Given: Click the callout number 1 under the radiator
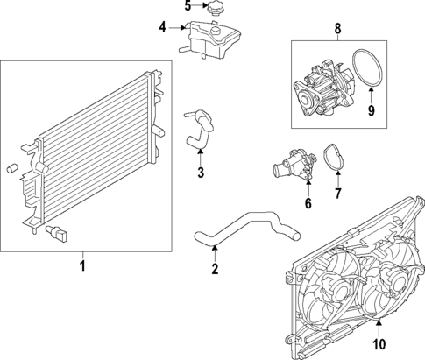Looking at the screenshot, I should (82, 265).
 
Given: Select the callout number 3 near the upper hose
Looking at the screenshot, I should (201, 173).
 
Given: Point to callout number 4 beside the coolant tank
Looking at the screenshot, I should (162, 27).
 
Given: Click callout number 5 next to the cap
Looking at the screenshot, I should (188, 7).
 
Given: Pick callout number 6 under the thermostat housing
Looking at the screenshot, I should (308, 205).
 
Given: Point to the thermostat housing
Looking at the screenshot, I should (294, 166).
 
